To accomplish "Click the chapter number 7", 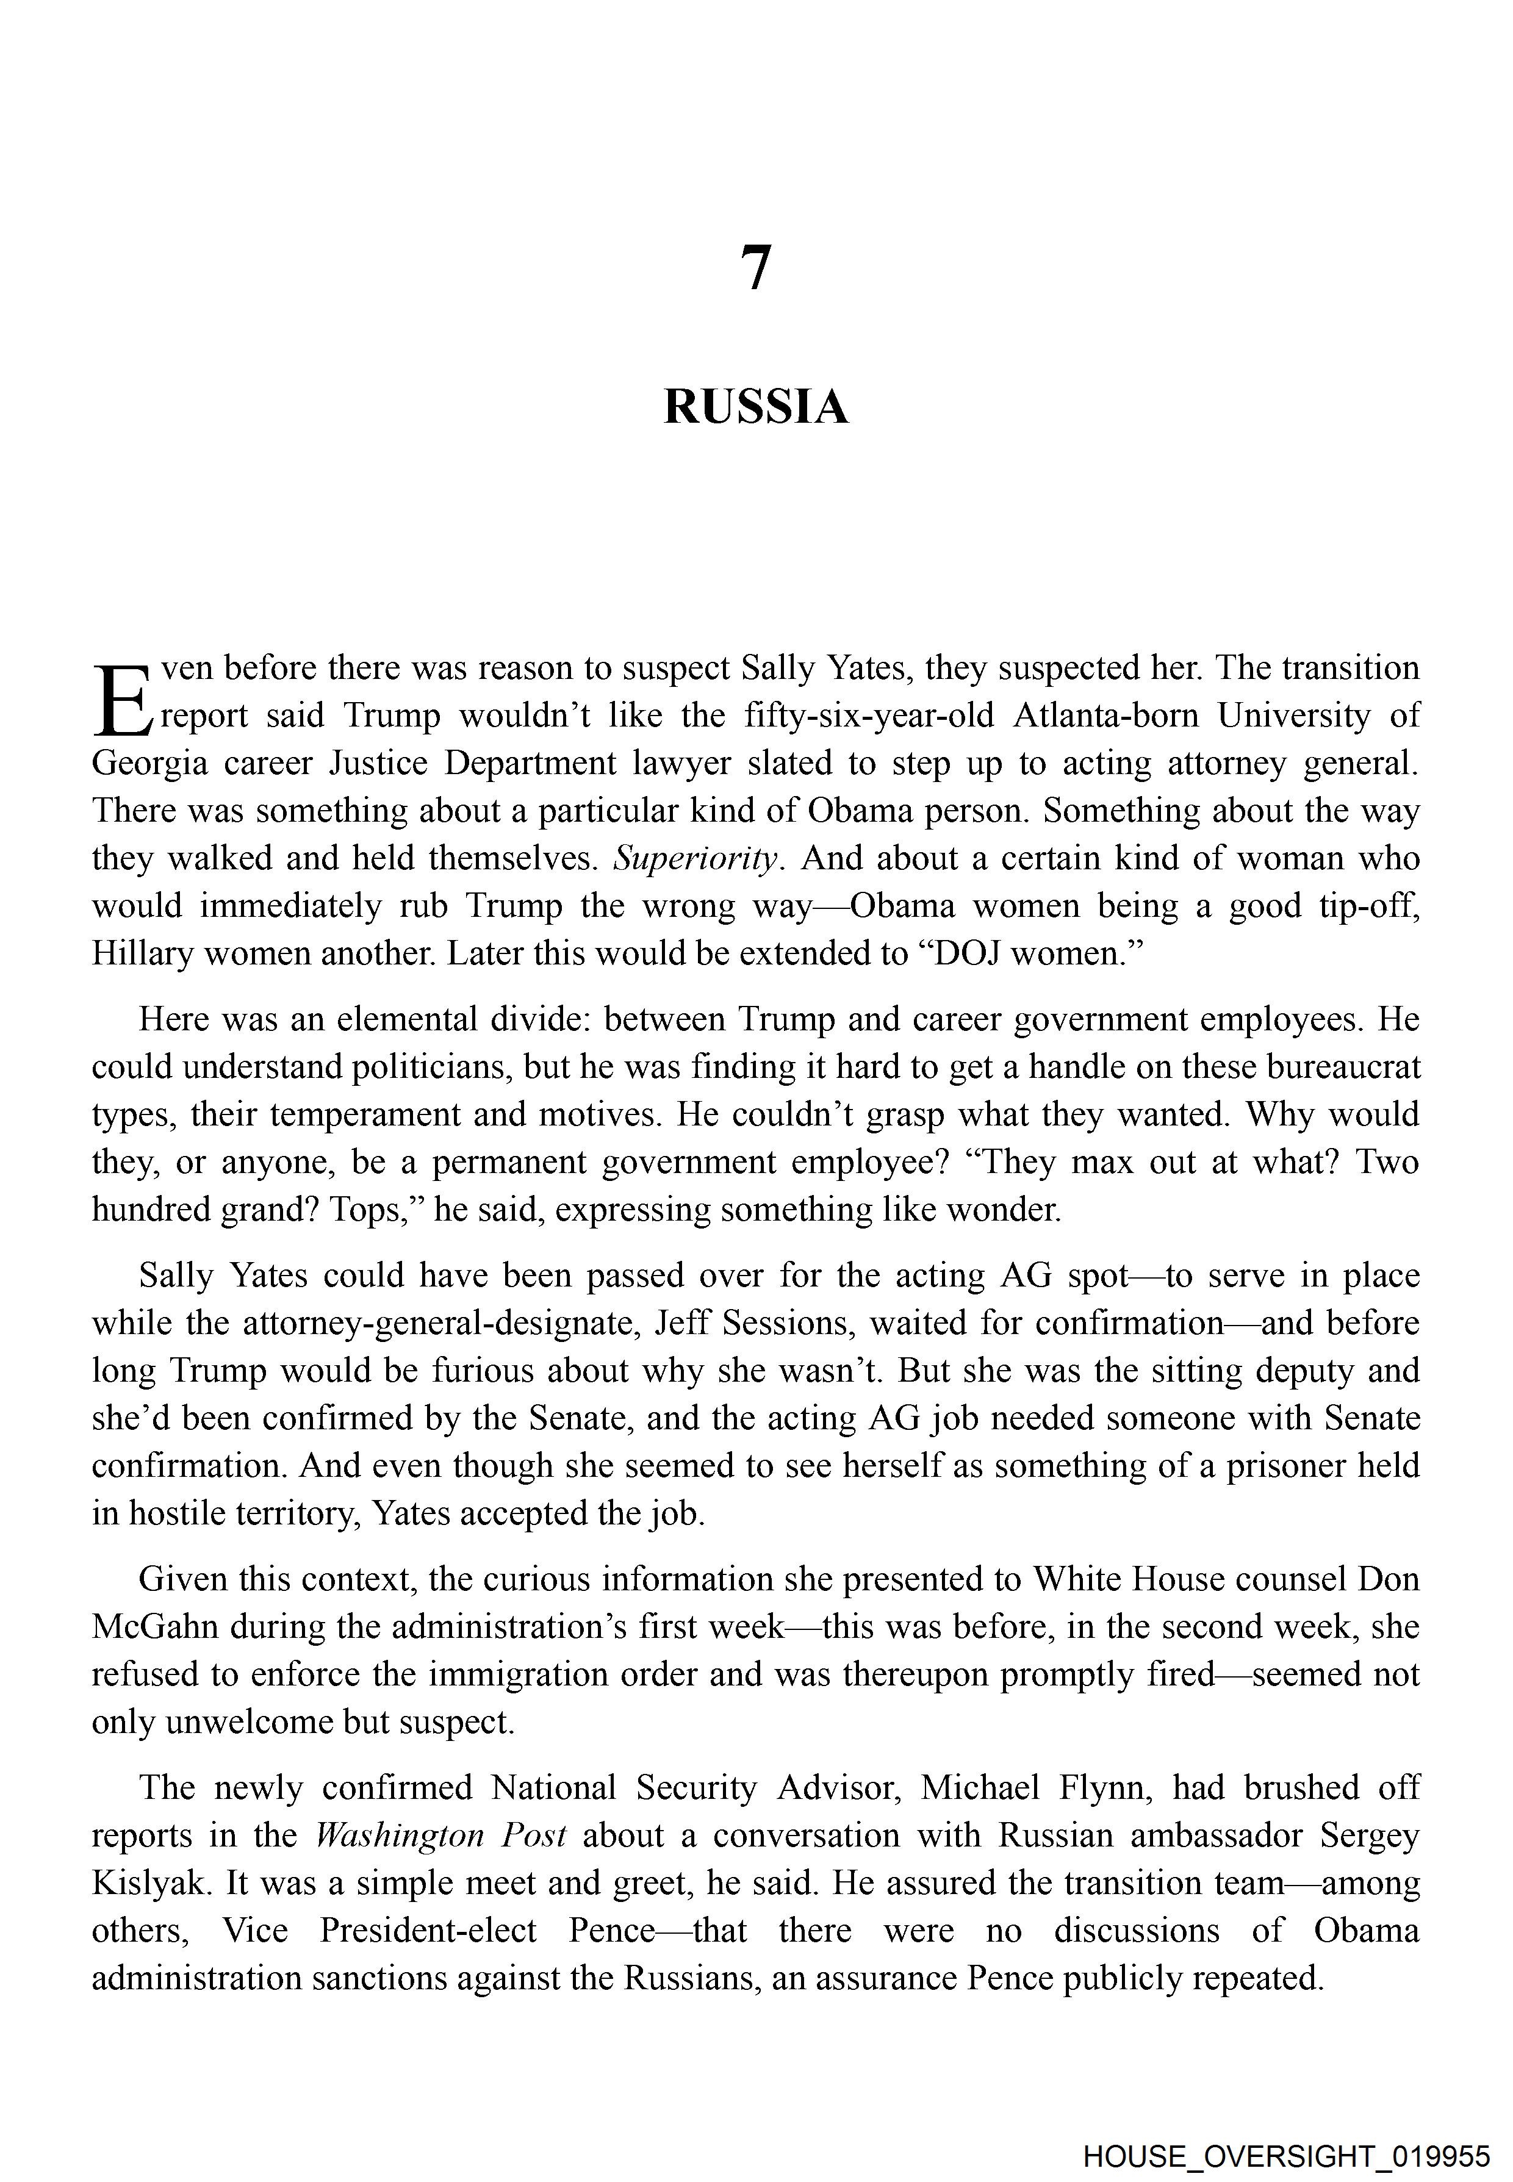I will tap(755, 268).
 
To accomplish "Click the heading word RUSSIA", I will tap(755, 407).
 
